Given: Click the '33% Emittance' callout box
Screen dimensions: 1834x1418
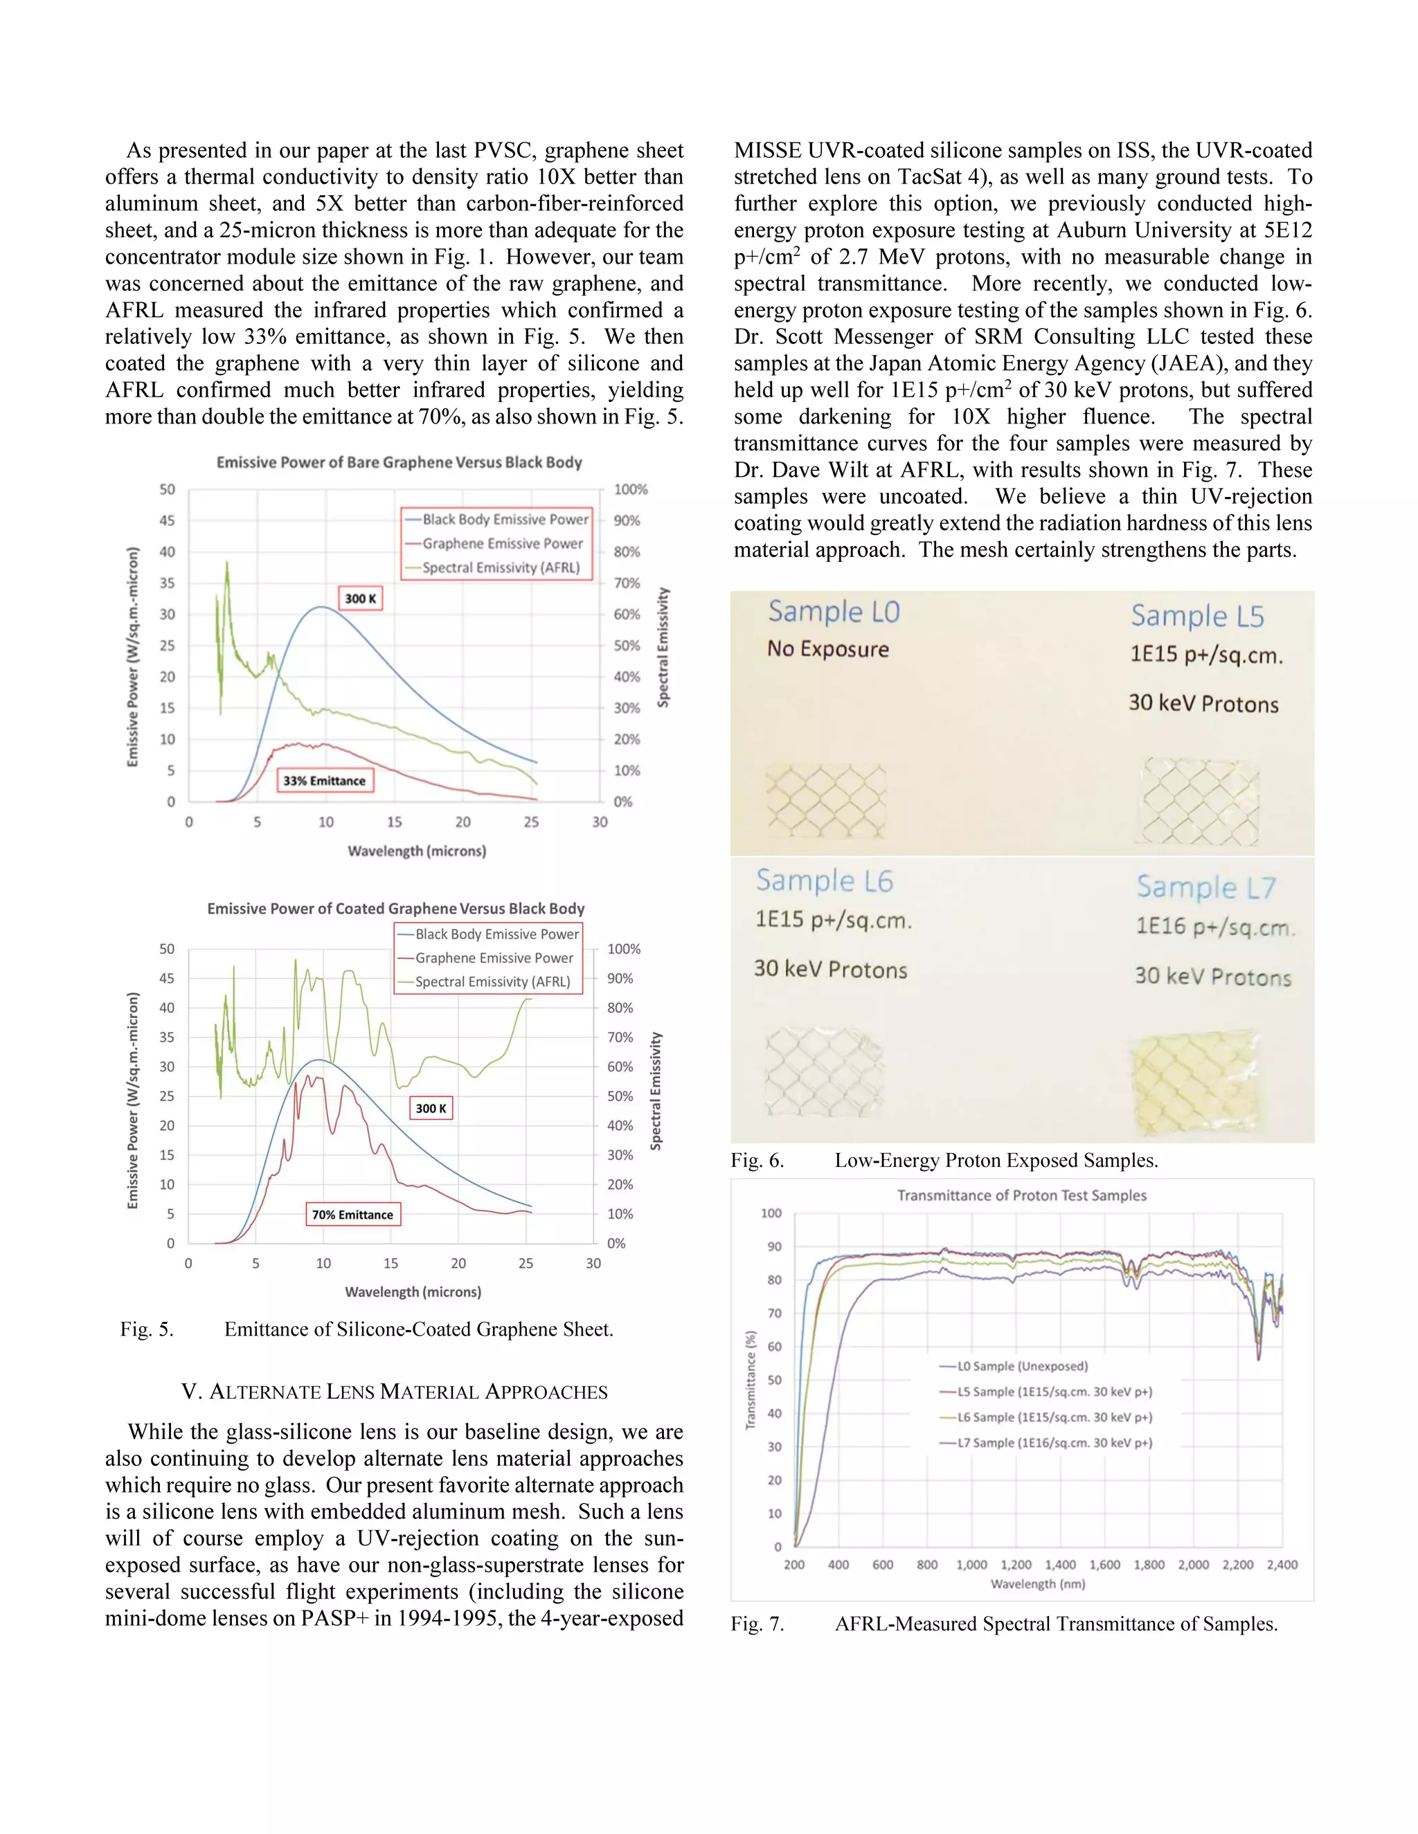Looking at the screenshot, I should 324,780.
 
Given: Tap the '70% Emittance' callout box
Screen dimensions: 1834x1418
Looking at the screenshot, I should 353,1215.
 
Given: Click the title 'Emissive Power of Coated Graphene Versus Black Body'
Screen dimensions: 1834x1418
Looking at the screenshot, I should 395,909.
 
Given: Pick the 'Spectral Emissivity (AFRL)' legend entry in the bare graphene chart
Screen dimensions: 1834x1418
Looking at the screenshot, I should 501,568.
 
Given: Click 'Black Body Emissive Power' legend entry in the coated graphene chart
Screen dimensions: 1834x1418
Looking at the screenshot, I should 496,934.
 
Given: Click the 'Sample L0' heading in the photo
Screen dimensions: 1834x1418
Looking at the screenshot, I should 834,611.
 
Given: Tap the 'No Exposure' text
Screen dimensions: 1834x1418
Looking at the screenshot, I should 827,649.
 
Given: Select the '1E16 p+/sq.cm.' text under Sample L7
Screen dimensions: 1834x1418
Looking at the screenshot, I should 1214,927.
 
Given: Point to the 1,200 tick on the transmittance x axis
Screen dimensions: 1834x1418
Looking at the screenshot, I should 1016,1565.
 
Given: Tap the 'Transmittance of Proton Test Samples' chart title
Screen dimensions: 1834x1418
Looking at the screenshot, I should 1021,1195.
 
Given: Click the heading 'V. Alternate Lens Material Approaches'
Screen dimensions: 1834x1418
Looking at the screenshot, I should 395,1392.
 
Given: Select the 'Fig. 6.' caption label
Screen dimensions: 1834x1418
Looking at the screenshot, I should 757,1161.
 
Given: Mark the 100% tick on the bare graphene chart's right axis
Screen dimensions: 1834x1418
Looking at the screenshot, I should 630,489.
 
